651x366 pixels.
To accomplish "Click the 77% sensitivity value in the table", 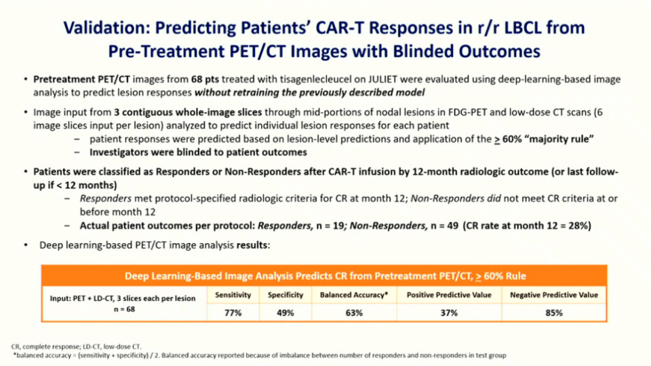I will (232, 312).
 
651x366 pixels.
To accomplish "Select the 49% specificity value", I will (285, 312).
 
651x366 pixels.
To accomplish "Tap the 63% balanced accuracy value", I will (354, 312).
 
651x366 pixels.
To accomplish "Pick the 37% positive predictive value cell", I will (448, 312).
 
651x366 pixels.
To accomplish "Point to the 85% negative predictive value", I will (554, 312).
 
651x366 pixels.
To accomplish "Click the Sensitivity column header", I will (232, 295).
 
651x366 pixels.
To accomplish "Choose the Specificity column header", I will (285, 295).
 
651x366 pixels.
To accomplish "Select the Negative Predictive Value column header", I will (554, 295).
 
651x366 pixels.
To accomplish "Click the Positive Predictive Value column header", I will (448, 295).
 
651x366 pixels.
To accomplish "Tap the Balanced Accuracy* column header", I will (354, 295).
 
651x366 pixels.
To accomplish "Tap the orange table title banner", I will (324, 276).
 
